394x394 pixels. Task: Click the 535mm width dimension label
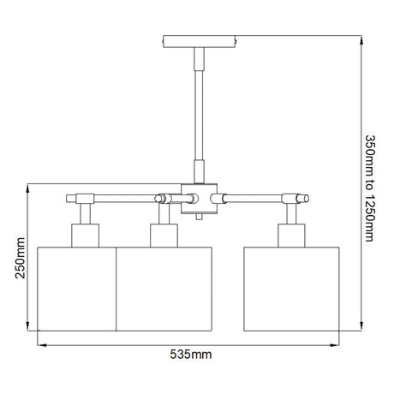(x=191, y=355)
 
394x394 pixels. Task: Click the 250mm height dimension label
(x=21, y=258)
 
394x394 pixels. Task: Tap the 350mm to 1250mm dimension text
(x=369, y=188)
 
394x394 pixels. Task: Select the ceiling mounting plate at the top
(x=200, y=41)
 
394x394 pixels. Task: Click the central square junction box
(x=200, y=199)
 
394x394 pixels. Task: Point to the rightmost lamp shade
(x=291, y=289)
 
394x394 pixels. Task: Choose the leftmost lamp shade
(x=77, y=289)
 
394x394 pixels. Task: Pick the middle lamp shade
(x=164, y=289)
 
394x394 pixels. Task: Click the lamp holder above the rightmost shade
(x=291, y=236)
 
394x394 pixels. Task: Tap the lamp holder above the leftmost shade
(x=85, y=236)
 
